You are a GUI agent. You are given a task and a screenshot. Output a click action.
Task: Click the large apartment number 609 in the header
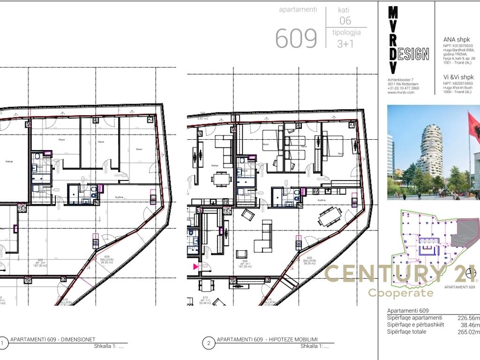296,38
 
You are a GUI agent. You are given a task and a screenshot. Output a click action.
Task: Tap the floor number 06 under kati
345,21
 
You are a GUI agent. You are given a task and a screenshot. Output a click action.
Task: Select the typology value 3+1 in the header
345,44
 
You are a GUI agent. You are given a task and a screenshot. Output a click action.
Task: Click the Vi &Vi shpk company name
458,77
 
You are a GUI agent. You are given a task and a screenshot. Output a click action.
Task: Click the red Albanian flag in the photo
474,129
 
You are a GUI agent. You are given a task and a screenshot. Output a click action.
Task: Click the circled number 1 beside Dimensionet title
4,342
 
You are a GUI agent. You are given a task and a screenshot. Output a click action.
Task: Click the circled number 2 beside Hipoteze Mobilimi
209,342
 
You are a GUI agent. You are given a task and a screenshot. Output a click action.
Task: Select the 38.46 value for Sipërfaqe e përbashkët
469,325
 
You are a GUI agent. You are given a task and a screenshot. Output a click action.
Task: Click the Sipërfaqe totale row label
407,332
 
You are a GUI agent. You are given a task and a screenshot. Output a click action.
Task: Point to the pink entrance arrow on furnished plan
195,266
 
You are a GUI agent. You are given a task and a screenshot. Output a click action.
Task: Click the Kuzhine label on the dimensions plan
119,197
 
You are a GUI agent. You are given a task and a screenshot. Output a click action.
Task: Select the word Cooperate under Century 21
400,293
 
